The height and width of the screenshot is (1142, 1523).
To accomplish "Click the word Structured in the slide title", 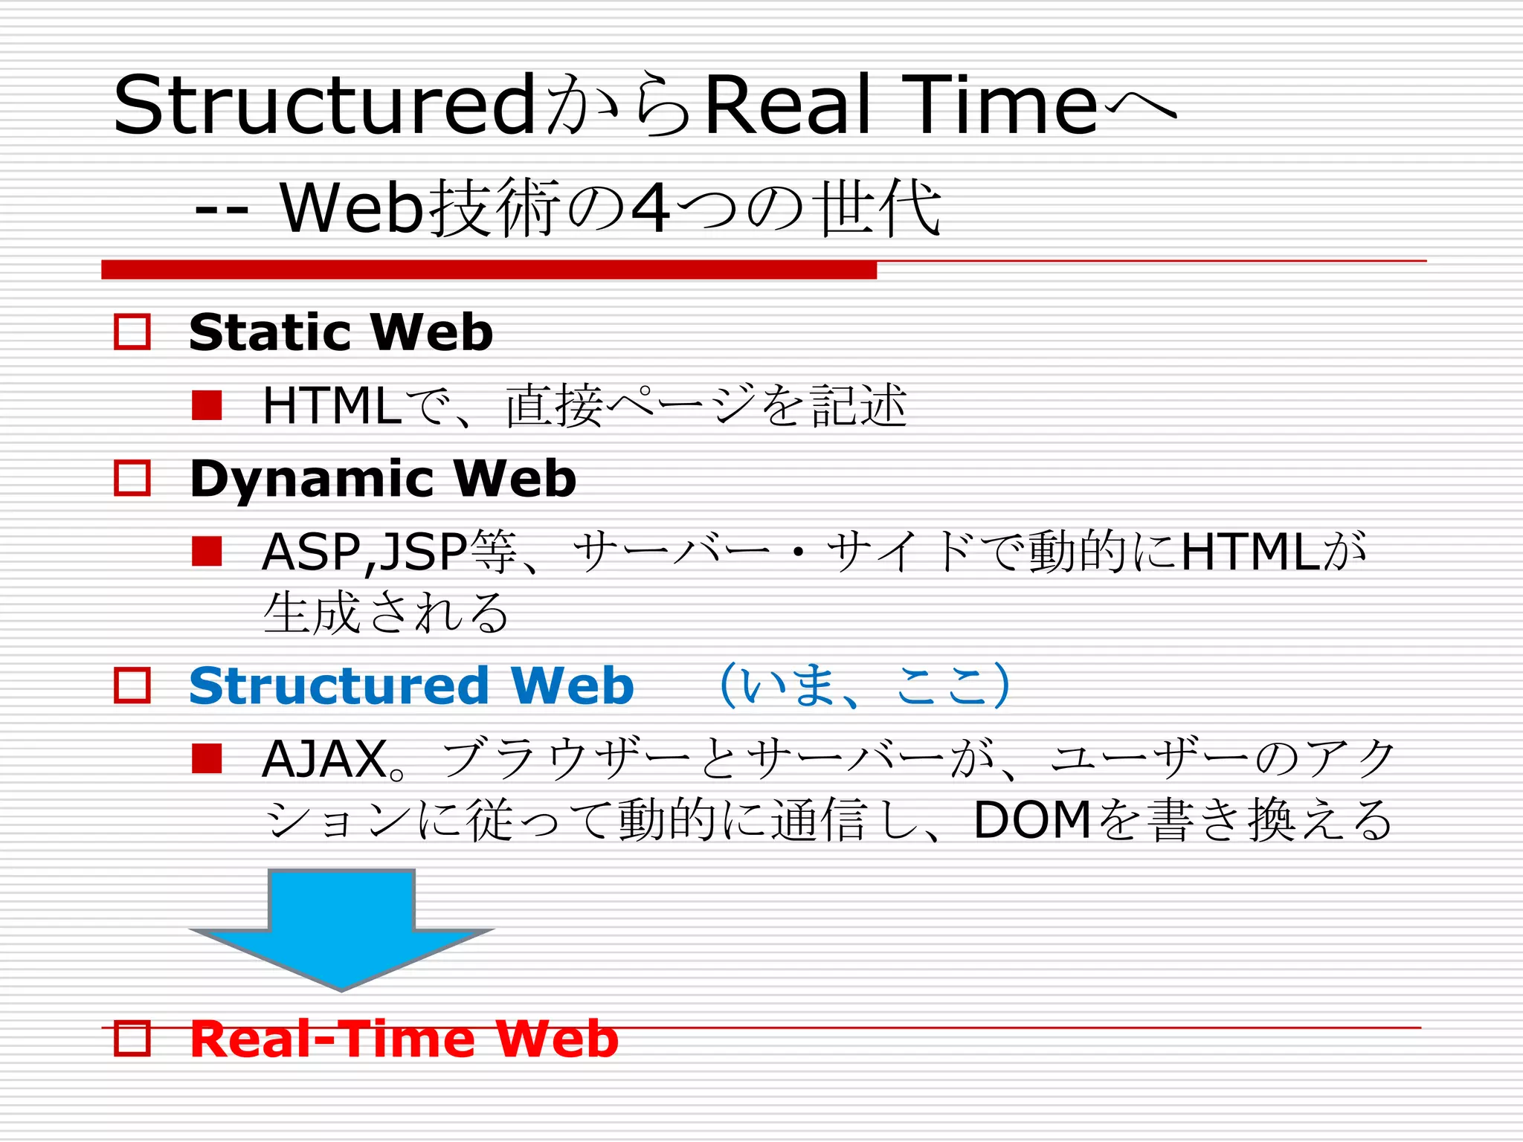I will pos(324,106).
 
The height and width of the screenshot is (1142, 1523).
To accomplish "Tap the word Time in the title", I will pos(1004,106).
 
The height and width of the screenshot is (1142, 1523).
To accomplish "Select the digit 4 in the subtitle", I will pos(650,210).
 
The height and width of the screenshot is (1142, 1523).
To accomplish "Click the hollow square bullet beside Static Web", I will pos(132,332).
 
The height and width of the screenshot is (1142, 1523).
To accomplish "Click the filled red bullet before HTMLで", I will pos(207,405).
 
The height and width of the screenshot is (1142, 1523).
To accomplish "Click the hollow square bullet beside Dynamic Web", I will pos(132,478).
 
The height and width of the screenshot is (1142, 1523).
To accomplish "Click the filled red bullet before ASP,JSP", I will pos(207,552).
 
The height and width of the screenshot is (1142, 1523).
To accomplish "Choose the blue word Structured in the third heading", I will pos(339,685).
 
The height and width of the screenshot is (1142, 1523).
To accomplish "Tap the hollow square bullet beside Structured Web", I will pos(132,685).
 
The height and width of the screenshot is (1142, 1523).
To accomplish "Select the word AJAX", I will pos(324,759).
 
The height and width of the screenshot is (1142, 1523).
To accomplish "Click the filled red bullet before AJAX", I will pos(207,758).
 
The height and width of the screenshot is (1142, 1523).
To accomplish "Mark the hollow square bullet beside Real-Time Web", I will pos(132,1039).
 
